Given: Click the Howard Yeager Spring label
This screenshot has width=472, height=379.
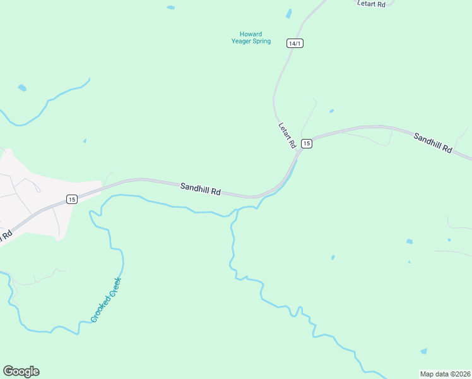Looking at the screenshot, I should [x=251, y=38].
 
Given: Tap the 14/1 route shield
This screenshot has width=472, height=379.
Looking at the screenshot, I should [x=294, y=43].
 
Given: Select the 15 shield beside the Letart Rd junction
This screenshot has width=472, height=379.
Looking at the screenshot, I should [x=306, y=143].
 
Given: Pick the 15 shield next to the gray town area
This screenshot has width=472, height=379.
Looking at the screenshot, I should [x=71, y=199].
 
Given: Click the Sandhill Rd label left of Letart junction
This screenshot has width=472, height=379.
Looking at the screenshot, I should [x=200, y=189].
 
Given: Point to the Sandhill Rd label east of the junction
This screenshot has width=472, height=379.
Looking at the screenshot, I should [x=434, y=143].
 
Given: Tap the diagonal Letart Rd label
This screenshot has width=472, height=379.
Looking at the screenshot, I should [x=287, y=135].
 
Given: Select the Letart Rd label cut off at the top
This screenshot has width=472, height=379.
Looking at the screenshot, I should [x=371, y=4].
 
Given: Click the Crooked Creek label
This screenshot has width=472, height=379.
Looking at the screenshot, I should [x=105, y=299].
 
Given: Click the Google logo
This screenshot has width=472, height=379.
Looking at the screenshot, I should [x=21, y=371].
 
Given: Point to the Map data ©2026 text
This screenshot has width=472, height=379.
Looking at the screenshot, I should [x=445, y=373].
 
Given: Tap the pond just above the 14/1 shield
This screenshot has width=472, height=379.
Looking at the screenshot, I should [x=289, y=13].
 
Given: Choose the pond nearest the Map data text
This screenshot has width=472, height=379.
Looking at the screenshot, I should [x=423, y=351].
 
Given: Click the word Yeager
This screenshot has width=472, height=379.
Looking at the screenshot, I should [x=242, y=42].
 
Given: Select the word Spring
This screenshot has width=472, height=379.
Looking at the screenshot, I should [x=261, y=42].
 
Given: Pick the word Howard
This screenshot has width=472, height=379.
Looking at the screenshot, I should [x=251, y=34].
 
